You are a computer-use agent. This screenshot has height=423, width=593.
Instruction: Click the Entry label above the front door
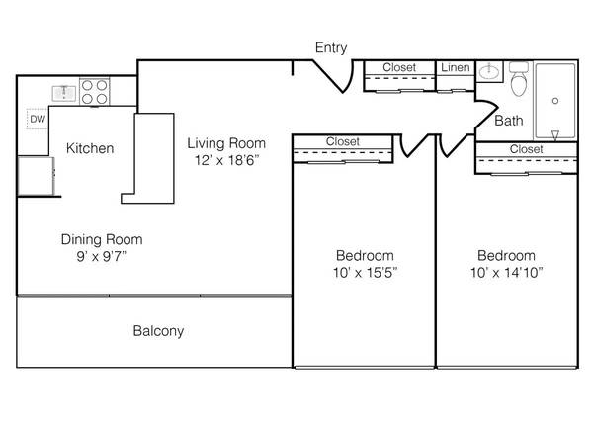pyautogui.click(x=331, y=48)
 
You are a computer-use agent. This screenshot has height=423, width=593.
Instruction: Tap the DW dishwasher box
pyautogui.click(x=38, y=119)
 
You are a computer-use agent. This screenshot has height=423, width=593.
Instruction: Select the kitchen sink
pyautogui.click(x=64, y=93)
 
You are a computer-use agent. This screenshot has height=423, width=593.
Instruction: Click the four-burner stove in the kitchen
pyautogui.click(x=95, y=92)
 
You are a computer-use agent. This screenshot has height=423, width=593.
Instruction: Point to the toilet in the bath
pyautogui.click(x=519, y=79)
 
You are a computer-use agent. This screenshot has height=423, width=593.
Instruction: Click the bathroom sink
pyautogui.click(x=489, y=71)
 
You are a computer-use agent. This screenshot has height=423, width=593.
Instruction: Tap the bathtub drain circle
pyautogui.click(x=555, y=101)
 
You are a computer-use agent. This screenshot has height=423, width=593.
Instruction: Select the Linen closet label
pyautogui.click(x=456, y=67)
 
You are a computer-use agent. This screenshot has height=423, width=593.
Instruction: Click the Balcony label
pyautogui.click(x=158, y=331)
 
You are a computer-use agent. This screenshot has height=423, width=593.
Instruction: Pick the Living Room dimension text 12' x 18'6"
pyautogui.click(x=227, y=160)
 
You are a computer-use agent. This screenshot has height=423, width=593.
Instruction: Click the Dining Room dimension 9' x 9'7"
pyautogui.click(x=102, y=257)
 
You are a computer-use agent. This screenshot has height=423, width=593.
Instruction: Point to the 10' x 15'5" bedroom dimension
pyautogui.click(x=365, y=272)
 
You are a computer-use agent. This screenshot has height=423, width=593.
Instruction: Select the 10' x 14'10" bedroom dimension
pyautogui.click(x=507, y=272)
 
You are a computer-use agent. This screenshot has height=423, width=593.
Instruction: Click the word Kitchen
pyautogui.click(x=90, y=148)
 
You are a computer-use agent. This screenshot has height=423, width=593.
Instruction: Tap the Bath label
pyautogui.click(x=509, y=121)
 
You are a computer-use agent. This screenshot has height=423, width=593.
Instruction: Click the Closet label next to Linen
pyautogui.click(x=399, y=67)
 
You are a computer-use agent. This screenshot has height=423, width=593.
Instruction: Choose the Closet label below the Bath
pyautogui.click(x=527, y=149)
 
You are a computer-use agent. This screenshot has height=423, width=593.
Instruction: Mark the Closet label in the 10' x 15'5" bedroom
pyautogui.click(x=343, y=141)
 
